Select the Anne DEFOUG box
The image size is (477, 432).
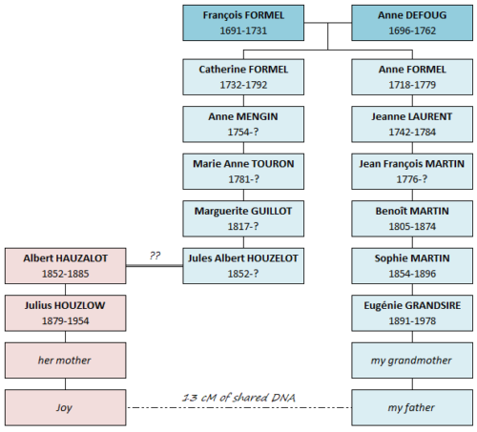pyautogui.click(x=413, y=24)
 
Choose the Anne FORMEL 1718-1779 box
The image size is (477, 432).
pyautogui.click(x=413, y=76)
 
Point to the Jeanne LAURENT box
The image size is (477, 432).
pyautogui.click(x=413, y=124)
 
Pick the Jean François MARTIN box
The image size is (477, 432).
pyautogui.click(x=413, y=172)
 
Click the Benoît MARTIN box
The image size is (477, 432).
pyautogui.click(x=413, y=218)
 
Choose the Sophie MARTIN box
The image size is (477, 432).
pyautogui.click(x=413, y=266)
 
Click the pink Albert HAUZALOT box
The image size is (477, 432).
pyautogui.click(x=66, y=266)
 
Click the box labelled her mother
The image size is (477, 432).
pyautogui.click(x=66, y=360)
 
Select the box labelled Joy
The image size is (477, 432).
pyautogui.click(x=66, y=407)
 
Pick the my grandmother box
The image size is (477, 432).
pyautogui.click(x=413, y=360)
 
